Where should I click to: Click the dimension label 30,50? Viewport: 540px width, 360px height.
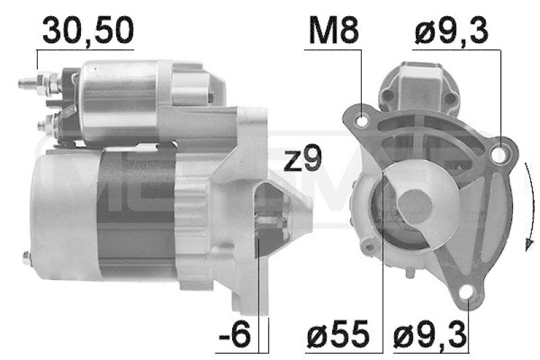pos(88,30)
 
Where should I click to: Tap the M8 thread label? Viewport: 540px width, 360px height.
pos(333,31)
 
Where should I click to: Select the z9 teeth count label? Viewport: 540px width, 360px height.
pos(302,158)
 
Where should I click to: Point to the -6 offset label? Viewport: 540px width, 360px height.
pos(234,334)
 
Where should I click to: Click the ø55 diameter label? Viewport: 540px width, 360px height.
pos(338,334)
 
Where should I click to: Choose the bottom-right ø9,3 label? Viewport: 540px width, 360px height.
pos(430,334)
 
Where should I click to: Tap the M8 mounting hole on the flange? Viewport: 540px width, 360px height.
pos(362,122)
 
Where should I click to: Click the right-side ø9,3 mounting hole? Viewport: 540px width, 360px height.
pos(499,153)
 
